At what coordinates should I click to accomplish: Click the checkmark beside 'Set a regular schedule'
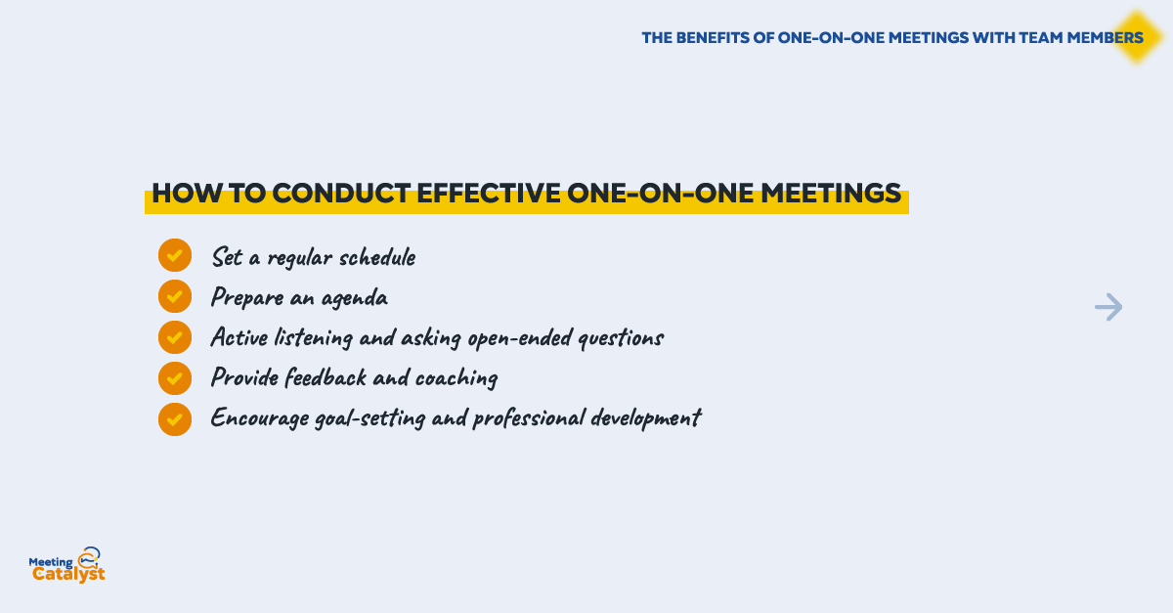175,255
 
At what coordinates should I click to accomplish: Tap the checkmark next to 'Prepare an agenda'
175,296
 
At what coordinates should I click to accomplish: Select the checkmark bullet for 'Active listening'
175,337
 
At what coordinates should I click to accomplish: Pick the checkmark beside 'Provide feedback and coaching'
175,378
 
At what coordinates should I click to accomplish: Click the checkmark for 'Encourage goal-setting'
175,419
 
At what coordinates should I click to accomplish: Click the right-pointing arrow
1108,307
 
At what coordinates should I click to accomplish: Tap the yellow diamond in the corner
1137,37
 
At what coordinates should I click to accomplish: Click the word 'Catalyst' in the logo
68,574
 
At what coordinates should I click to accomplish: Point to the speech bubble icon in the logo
89,556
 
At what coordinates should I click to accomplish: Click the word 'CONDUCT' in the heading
341,194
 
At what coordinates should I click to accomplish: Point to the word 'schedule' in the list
377,257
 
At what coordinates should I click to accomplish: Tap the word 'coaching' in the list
456,378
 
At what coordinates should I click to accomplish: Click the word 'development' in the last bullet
646,418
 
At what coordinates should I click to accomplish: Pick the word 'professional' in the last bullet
529,418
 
